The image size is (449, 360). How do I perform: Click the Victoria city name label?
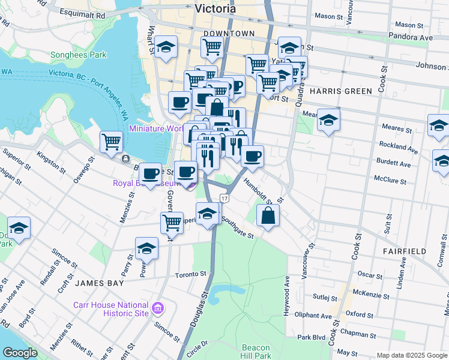click(215, 9)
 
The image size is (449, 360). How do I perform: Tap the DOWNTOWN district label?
click(229, 34)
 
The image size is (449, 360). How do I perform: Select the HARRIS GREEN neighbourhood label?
click(341, 91)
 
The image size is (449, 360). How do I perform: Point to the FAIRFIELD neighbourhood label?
click(403, 251)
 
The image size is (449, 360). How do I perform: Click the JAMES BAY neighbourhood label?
click(99, 282)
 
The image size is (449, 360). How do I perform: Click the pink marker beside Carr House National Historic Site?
click(158, 309)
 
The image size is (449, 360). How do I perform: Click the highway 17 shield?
click(224, 197)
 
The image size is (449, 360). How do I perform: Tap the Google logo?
click(20, 353)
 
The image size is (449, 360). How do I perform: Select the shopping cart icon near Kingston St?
click(112, 142)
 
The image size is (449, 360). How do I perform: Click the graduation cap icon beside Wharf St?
click(165, 46)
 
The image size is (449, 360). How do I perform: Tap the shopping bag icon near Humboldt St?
click(268, 215)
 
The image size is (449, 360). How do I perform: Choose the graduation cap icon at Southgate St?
click(207, 213)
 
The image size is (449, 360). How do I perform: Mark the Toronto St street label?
click(190, 275)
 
